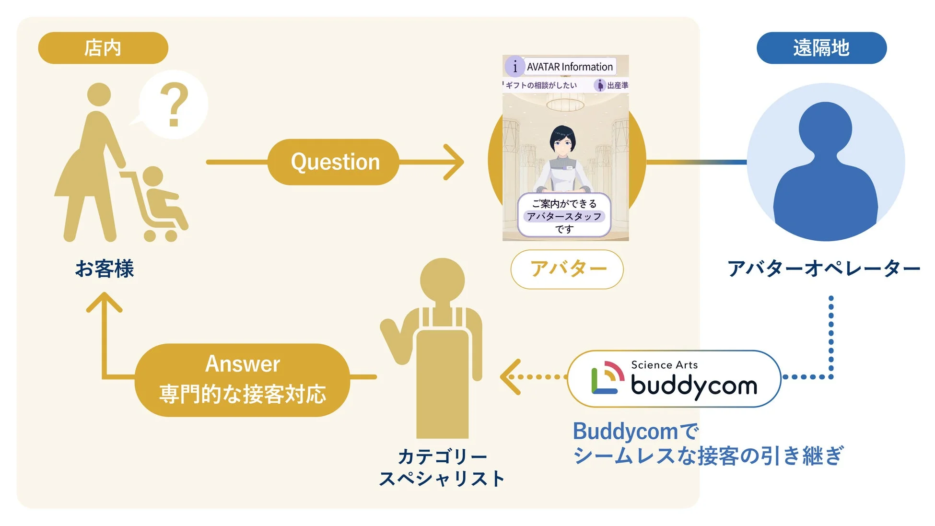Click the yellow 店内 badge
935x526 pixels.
click(x=103, y=48)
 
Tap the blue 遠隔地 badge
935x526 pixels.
click(x=821, y=48)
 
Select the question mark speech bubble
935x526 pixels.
click(x=174, y=105)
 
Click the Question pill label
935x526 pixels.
click(x=334, y=162)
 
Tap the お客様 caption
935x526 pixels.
click(x=105, y=269)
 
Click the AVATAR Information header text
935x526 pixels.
click(x=569, y=67)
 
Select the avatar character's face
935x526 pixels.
click(x=562, y=140)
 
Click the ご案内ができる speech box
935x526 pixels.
click(x=564, y=216)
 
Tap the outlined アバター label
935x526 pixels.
click(x=567, y=269)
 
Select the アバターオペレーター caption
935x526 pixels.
click(x=823, y=269)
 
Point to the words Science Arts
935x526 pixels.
click(x=664, y=365)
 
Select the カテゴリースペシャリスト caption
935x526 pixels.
click(x=442, y=468)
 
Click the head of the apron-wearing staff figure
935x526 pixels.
click(x=442, y=281)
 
